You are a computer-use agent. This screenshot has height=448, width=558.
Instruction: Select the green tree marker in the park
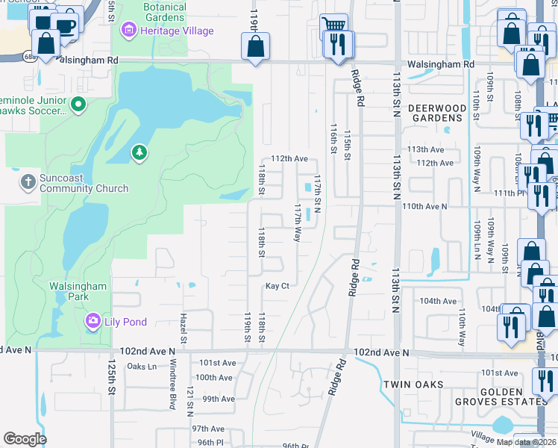pos(139,153)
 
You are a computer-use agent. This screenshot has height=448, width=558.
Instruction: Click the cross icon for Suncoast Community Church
pos(28,181)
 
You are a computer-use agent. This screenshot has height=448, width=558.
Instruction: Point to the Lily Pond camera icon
pos(93,321)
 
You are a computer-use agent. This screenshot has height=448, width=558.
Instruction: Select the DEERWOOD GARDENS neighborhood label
pos(437,113)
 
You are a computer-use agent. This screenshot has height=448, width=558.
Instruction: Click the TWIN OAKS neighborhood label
pos(413,385)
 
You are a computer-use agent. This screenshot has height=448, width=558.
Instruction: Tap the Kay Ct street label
pos(277,286)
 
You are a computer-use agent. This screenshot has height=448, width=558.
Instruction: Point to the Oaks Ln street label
pos(142,367)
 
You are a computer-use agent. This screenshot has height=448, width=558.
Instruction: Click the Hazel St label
pos(183,328)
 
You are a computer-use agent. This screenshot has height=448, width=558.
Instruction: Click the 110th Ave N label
pos(424,206)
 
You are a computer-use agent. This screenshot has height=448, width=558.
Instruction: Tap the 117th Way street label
pos(297,222)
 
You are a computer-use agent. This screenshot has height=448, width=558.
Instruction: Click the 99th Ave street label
pos(219,399)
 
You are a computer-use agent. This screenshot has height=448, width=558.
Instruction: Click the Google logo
pos(25,439)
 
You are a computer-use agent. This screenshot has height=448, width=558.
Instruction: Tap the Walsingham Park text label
pos(78,291)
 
